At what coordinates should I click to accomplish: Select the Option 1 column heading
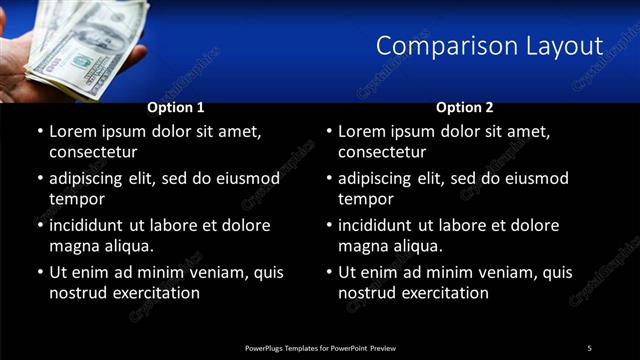click(x=176, y=107)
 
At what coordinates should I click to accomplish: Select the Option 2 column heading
click(x=465, y=107)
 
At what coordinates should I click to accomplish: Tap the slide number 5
click(x=589, y=347)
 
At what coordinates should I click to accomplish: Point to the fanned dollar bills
click(x=85, y=45)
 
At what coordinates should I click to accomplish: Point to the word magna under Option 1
click(x=74, y=246)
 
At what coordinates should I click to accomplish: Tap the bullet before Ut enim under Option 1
click(x=39, y=272)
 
